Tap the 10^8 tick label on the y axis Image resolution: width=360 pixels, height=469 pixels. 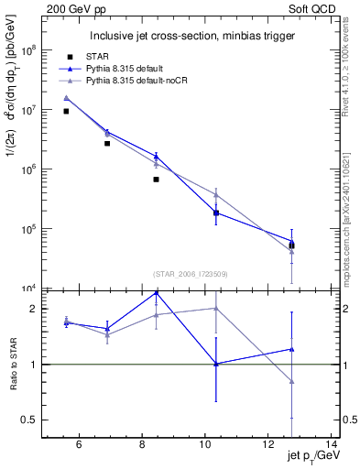[x=39, y=50]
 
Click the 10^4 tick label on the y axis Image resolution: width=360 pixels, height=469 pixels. [x=39, y=289]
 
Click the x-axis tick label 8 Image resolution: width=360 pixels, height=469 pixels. [x=142, y=445]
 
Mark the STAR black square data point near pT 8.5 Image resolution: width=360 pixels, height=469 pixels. [x=157, y=180]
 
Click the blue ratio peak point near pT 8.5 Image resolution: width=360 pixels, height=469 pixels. [x=157, y=292]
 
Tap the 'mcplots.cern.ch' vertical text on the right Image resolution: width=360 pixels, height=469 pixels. [x=351, y=248]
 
